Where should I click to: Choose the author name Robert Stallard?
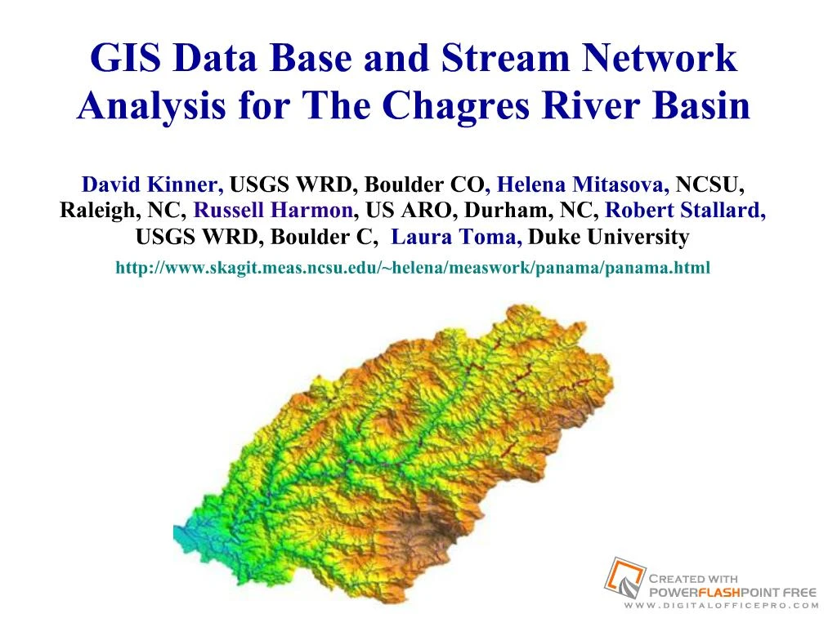(x=685, y=211)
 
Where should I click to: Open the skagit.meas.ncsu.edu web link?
(x=413, y=267)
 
